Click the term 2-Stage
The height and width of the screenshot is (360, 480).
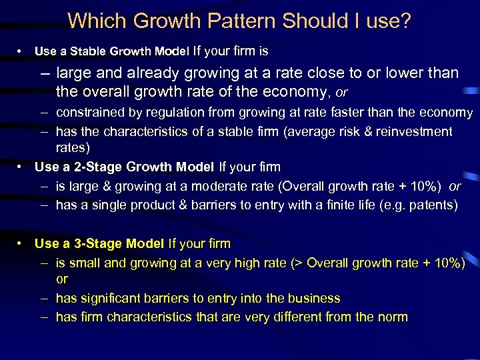[x=82, y=167]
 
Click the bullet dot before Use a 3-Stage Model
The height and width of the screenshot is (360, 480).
[x=22, y=244]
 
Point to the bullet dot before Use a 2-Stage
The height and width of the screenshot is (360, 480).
[x=22, y=167]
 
